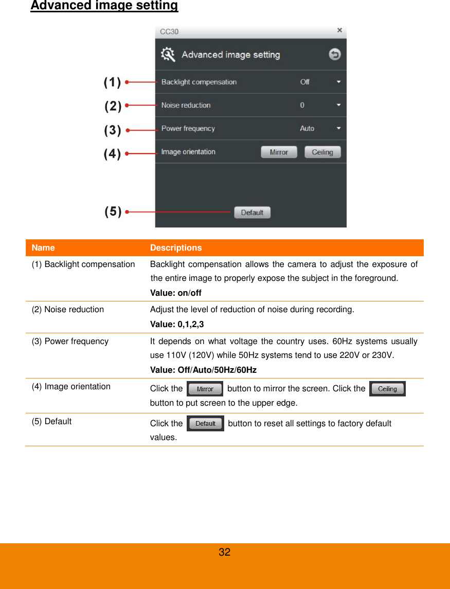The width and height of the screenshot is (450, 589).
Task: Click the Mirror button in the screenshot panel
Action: click(279, 152)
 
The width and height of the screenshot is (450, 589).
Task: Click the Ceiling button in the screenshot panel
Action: click(322, 152)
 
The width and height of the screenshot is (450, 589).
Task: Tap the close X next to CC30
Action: click(339, 31)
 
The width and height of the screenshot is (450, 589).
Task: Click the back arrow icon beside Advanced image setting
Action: click(335, 54)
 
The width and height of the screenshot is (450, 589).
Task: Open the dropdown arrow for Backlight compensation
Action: click(338, 82)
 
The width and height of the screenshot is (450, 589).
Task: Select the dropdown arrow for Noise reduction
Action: click(338, 105)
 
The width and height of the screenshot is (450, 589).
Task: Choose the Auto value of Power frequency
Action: click(307, 128)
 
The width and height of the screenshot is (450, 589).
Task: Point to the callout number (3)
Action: click(113, 130)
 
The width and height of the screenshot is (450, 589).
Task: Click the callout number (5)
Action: click(113, 211)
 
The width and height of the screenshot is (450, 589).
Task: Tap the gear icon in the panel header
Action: click(168, 54)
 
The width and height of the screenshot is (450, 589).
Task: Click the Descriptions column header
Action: click(176, 248)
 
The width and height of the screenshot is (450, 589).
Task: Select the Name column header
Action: click(43, 248)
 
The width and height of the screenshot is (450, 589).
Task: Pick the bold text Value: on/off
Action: click(175, 293)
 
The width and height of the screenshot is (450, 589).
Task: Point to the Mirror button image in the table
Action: click(205, 389)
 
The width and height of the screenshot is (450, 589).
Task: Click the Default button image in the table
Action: click(205, 424)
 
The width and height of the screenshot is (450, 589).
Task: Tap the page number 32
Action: click(225, 553)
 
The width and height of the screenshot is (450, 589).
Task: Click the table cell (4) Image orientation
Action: click(71, 386)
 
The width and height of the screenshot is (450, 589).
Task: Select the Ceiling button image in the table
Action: click(387, 389)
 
